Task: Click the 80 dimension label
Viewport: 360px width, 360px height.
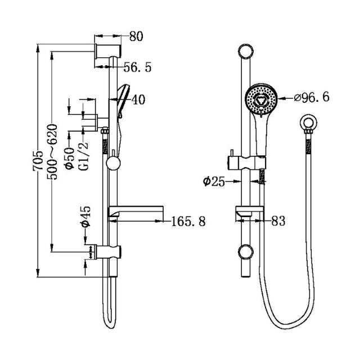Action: point(136,37)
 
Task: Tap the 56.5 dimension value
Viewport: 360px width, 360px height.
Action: point(137,67)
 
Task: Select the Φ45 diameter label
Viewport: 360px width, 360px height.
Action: point(85,216)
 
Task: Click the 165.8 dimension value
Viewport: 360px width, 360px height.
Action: point(188,222)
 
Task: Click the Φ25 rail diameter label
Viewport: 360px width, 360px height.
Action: point(214,181)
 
